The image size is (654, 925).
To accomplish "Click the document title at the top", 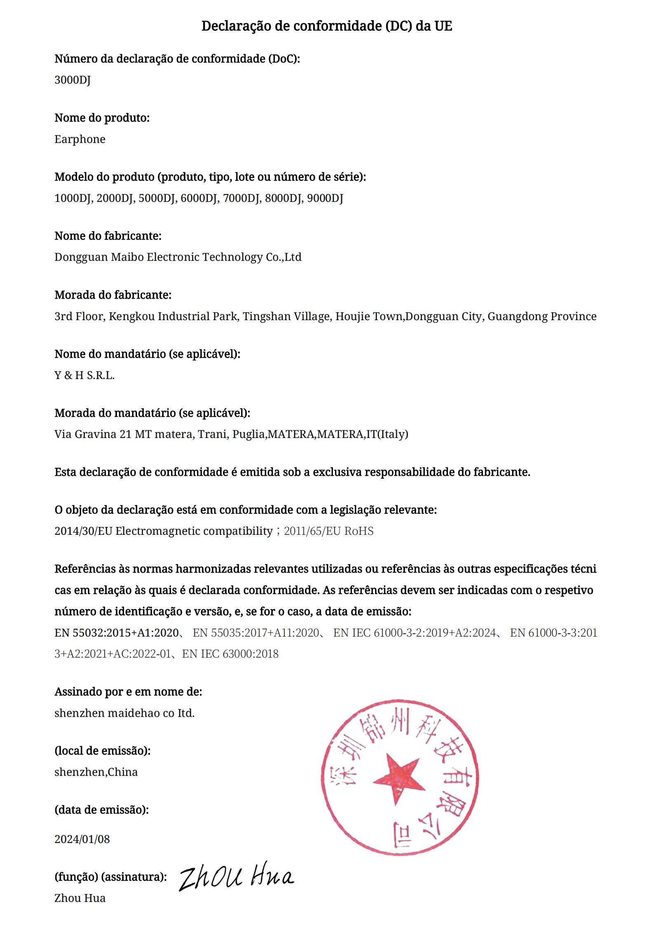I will click(326, 26).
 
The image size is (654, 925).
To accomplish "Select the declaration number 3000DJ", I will click(73, 80).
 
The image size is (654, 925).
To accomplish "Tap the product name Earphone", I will click(80, 139).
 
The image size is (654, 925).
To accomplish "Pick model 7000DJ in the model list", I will click(241, 198).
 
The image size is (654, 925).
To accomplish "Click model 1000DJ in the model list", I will click(73, 198).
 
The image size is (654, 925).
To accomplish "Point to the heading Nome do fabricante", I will click(108, 236).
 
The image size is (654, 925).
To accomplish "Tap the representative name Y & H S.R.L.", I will click(84, 375).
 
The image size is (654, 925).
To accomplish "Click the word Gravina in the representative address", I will click(95, 434).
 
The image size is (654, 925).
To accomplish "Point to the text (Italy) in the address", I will click(393, 434).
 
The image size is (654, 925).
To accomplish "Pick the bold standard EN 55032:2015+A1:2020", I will click(117, 632).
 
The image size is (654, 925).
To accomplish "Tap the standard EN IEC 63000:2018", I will click(230, 653).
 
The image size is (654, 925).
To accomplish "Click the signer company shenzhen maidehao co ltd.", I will click(124, 713).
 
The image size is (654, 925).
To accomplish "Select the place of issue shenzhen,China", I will click(96, 772).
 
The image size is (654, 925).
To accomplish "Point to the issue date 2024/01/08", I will click(82, 839).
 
